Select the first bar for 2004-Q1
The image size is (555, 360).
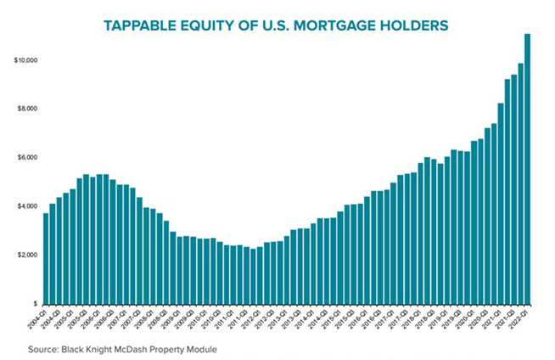46,258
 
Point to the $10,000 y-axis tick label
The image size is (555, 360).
25,61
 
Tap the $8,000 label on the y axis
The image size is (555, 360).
26,110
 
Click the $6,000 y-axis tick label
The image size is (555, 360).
26,158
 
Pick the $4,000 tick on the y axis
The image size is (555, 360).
26,206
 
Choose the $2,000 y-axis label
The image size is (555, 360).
26,256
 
